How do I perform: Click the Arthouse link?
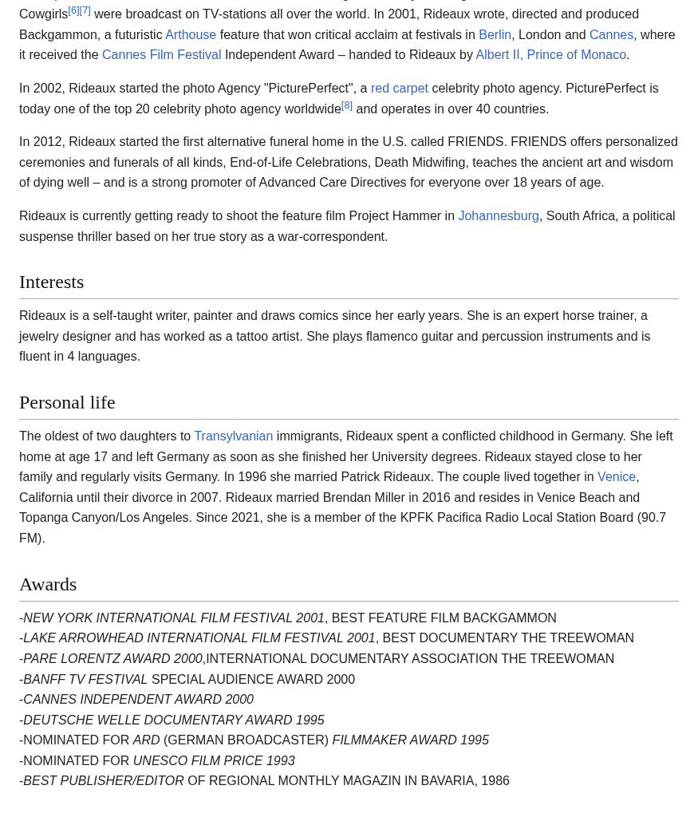click(x=191, y=34)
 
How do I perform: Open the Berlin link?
click(x=495, y=34)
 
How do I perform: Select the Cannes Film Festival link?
click(x=161, y=55)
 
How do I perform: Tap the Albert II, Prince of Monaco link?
click(x=550, y=55)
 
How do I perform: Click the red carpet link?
click(x=399, y=89)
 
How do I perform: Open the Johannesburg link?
click(x=498, y=216)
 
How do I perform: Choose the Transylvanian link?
click(x=233, y=436)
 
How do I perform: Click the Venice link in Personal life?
click(x=616, y=477)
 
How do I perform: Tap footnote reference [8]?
click(x=347, y=105)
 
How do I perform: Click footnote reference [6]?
click(x=73, y=11)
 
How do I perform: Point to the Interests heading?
click(x=52, y=282)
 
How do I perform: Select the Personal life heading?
click(x=67, y=403)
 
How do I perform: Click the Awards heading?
click(x=48, y=585)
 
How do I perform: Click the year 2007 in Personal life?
click(x=206, y=498)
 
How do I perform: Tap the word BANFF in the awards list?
click(x=45, y=680)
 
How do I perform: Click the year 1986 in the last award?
click(x=495, y=781)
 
